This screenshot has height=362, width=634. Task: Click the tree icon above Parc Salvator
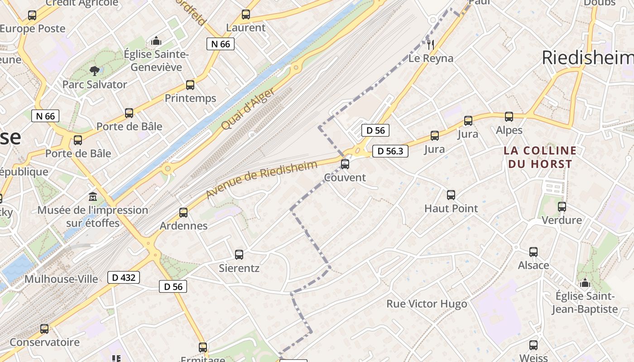coord(94,70)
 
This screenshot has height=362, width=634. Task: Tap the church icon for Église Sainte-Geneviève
coord(156,41)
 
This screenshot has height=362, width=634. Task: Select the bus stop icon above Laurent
coord(245,14)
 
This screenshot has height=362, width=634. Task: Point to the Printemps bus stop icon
coord(190,85)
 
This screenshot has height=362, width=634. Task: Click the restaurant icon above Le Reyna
coord(431,44)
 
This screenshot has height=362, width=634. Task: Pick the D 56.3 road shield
coord(390,151)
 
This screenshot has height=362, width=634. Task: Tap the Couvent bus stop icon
coord(345,164)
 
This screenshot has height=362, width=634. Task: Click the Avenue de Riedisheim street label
coord(261,179)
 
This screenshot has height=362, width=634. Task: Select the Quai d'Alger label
coord(248,109)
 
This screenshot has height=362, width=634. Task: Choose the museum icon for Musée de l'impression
coord(93,197)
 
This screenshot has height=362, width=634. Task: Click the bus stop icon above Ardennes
coord(183,213)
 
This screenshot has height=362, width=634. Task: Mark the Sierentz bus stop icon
coord(239,255)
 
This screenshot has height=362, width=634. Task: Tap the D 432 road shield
coord(123,277)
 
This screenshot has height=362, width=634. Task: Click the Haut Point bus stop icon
coord(451,195)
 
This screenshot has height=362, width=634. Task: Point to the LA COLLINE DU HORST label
coord(540,157)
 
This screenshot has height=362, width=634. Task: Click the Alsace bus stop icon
coord(533,252)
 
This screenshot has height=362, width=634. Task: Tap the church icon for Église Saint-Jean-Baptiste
coord(585,283)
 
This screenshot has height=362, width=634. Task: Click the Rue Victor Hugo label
coord(427,304)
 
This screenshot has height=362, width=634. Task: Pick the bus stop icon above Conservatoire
coord(44,329)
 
